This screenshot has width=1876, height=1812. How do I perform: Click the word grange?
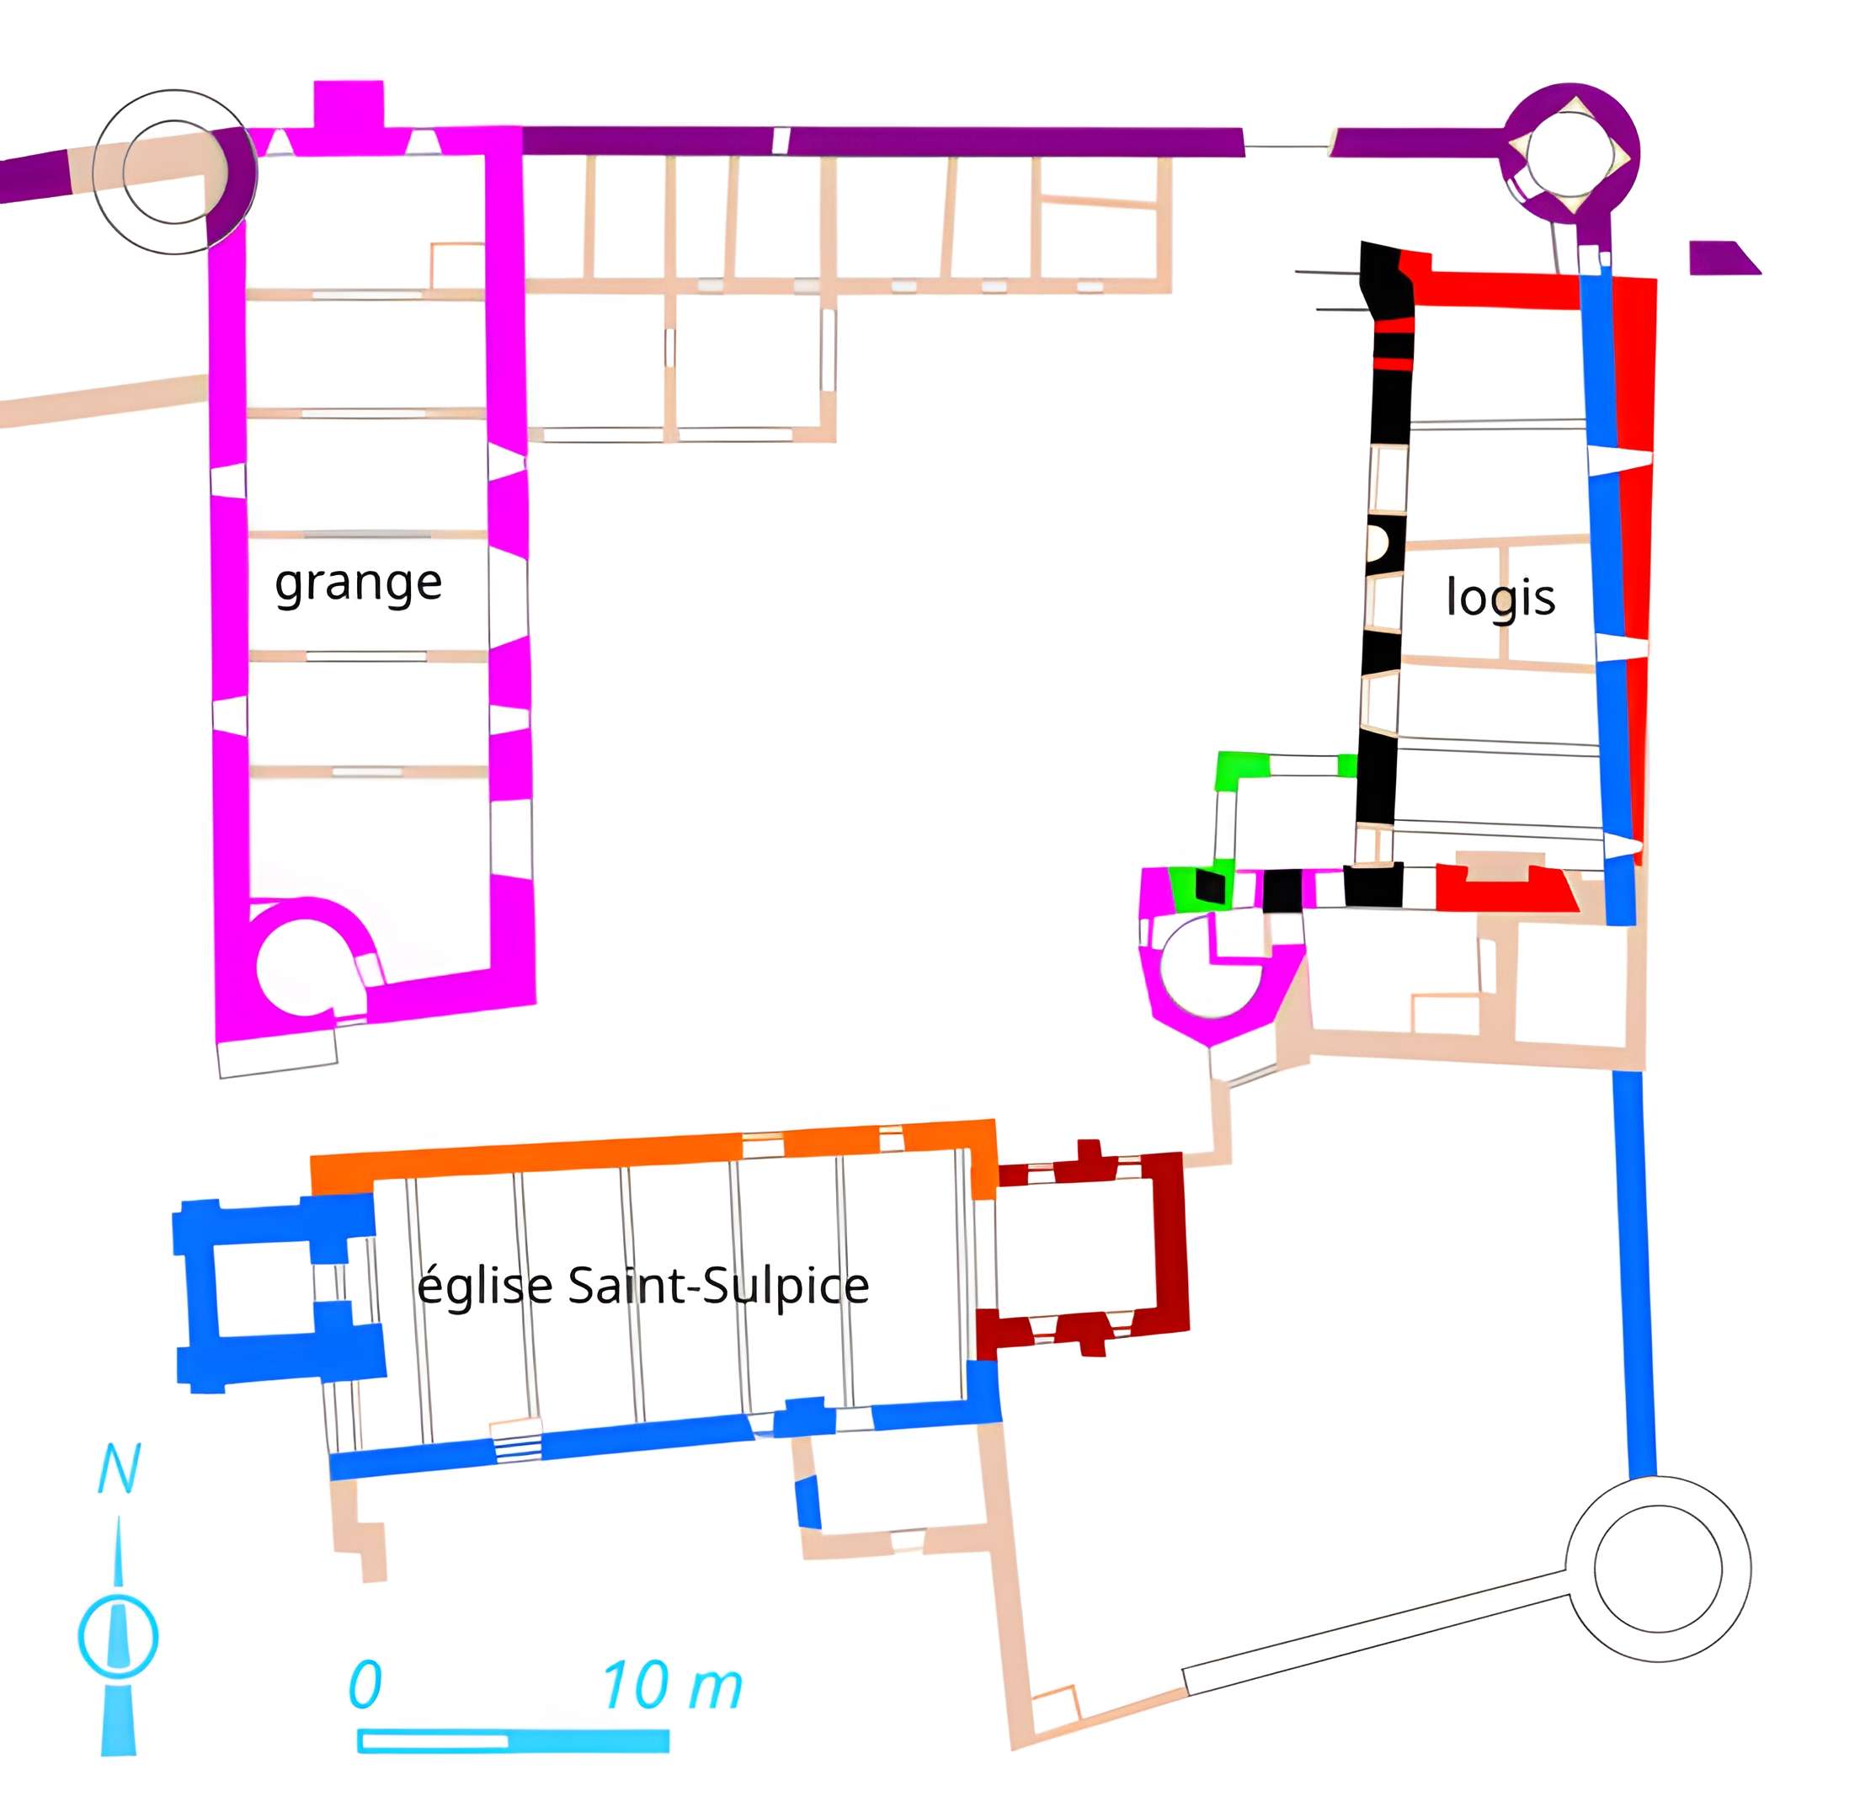coord(358,582)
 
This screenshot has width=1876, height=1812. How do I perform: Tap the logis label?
coord(1500,596)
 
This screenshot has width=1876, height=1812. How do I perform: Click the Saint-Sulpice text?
coord(718,1285)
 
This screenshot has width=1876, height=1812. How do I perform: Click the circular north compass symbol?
coord(118,1635)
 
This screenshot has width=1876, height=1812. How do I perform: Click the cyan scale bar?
coord(512,1740)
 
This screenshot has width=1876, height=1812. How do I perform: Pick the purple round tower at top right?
coord(1570,153)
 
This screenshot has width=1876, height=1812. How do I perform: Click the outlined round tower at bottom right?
coord(1658,1568)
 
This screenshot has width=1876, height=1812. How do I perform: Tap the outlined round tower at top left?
coord(174,173)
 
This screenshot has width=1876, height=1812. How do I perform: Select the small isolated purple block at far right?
coord(1719,258)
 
